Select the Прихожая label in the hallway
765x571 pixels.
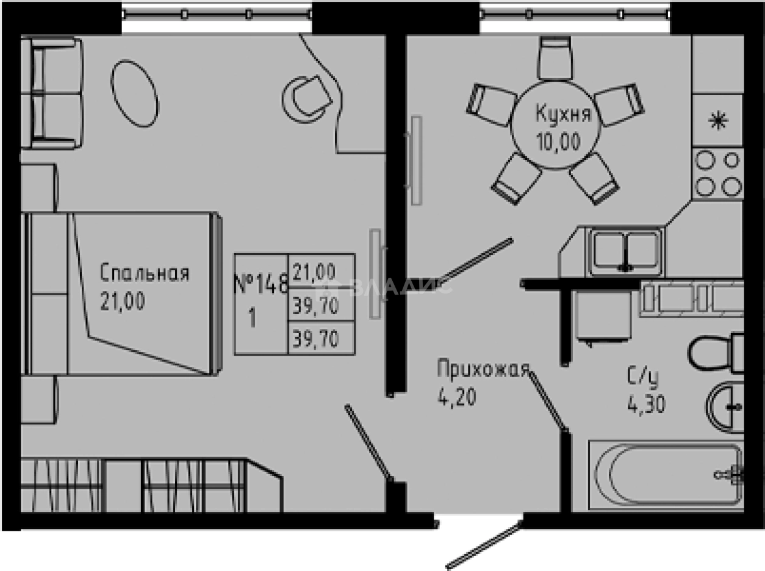point(481,370)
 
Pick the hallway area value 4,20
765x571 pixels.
point(456,398)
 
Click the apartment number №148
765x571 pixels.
point(260,284)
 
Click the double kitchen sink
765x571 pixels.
point(623,250)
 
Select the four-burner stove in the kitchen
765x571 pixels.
point(717,171)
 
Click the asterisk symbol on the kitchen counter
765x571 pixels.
point(717,121)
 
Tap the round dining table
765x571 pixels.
point(556,128)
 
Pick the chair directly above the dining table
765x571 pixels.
point(555,56)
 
